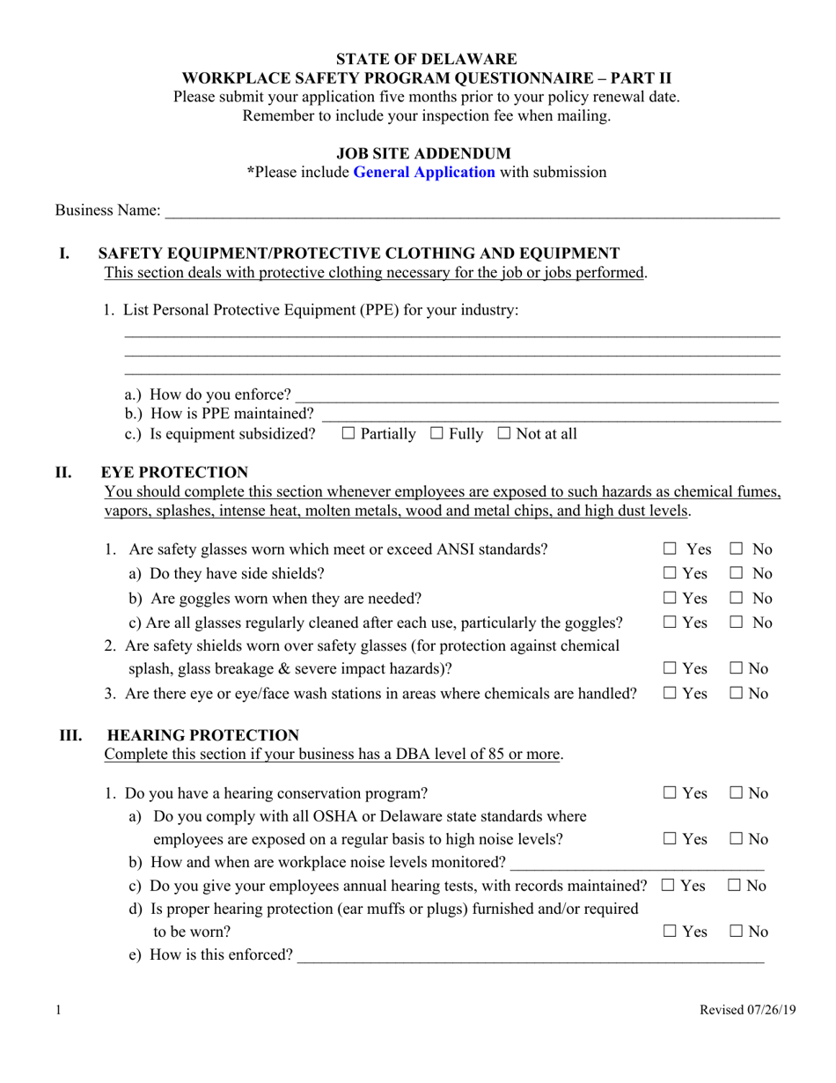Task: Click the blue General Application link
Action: click(x=423, y=173)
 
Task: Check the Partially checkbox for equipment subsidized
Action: click(x=348, y=433)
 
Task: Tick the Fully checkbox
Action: click(x=436, y=433)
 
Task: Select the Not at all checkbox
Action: click(x=504, y=433)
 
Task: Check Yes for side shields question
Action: click(x=671, y=574)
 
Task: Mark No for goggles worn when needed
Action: click(x=737, y=599)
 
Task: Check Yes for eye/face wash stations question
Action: click(x=671, y=694)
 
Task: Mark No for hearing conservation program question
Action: click(x=737, y=793)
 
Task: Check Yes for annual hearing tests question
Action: click(x=668, y=886)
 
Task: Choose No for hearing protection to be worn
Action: click(x=737, y=932)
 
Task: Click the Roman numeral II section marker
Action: click(x=63, y=473)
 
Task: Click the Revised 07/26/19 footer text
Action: click(x=747, y=1011)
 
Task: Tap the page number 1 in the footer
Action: click(x=58, y=1011)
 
